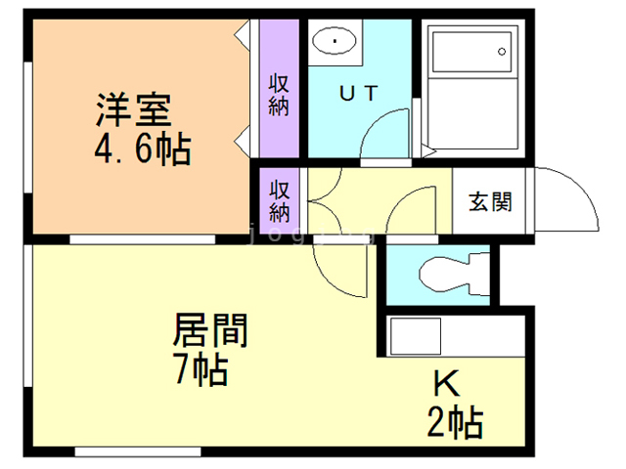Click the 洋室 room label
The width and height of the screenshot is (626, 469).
(133, 107)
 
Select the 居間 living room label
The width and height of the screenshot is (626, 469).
(209, 330)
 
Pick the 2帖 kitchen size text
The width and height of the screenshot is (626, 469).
(454, 423)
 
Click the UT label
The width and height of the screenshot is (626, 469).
(358, 94)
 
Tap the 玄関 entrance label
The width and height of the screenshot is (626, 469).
(490, 202)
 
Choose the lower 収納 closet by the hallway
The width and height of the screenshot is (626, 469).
(280, 198)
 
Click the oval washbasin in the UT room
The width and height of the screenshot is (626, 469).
(335, 41)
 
